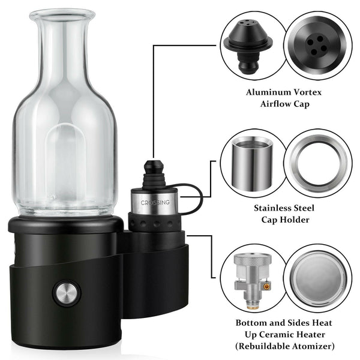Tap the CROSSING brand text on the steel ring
tap(155, 203)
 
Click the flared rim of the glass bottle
tap(62, 13)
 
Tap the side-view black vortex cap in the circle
tap(248, 44)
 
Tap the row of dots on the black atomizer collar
tap(154, 223)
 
